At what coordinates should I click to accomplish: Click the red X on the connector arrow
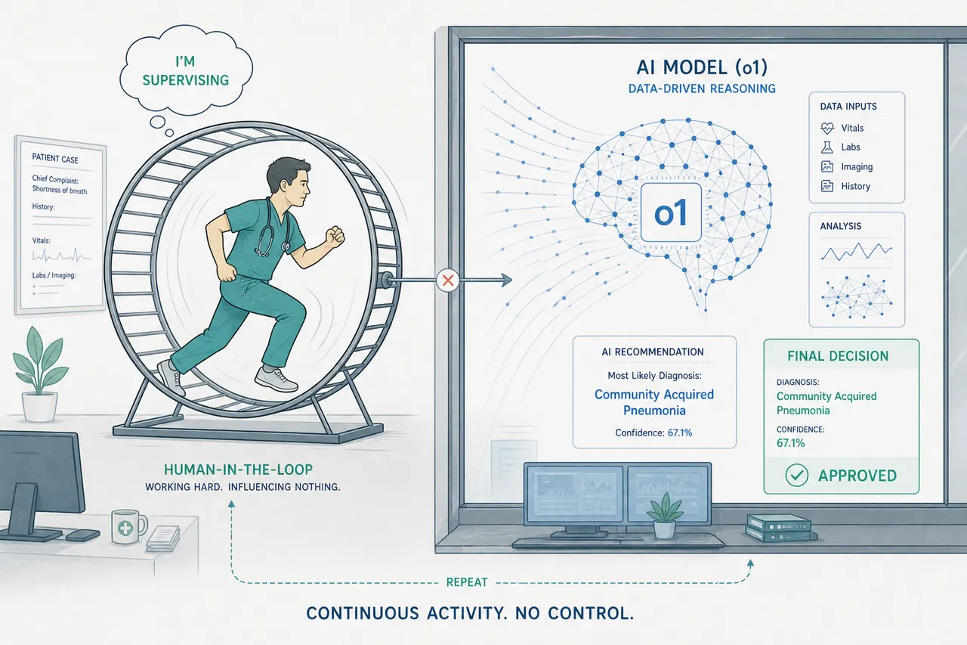pos(448,281)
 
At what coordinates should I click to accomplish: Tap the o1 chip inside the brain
pos(671,212)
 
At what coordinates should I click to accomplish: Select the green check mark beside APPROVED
pos(796,475)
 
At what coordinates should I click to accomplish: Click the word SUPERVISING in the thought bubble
pos(186,80)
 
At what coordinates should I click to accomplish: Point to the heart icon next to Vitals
pos(827,128)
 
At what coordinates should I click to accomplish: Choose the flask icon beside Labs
pos(826,147)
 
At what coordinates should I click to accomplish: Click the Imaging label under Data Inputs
pos(857,167)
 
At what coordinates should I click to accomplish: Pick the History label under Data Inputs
pos(856,186)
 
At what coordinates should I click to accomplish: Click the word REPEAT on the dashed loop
pos(467,582)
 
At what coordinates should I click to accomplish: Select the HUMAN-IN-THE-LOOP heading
pos(238,470)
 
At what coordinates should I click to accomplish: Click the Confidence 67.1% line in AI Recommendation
pos(653,433)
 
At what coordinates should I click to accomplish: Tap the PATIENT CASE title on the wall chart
pos(55,158)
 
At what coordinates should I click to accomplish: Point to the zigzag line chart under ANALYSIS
pos(857,251)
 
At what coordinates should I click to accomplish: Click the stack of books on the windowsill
pos(781,528)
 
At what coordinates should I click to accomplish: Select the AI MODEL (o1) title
pos(702,67)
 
